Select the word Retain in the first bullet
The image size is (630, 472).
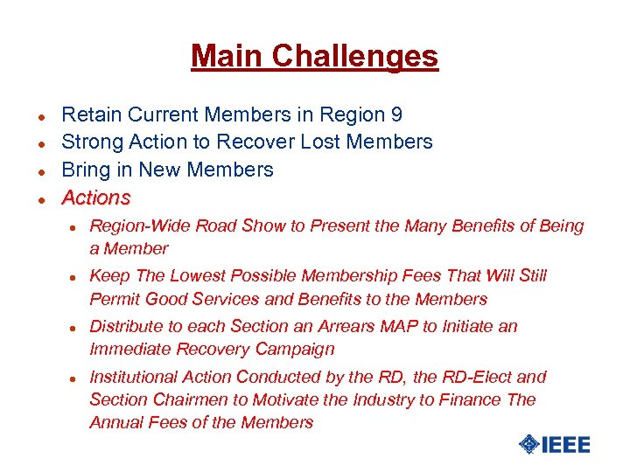coord(92,115)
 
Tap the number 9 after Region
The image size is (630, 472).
coord(396,115)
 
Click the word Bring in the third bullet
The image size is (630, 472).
coord(86,170)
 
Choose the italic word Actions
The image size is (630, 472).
coord(96,198)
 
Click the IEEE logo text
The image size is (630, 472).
coord(566,445)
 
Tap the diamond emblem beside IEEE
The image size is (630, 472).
coord(528,445)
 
